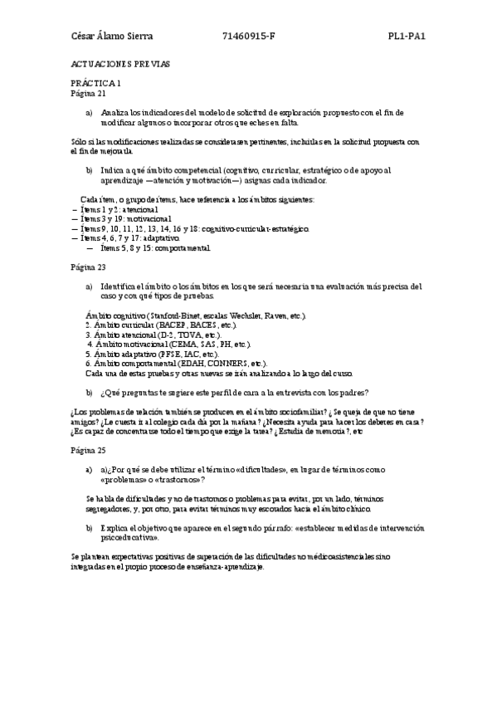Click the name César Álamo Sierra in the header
point(112,37)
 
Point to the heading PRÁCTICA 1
point(96,84)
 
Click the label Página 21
point(90,93)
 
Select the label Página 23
point(90,268)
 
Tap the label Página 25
point(90,448)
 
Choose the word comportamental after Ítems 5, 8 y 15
point(182,247)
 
